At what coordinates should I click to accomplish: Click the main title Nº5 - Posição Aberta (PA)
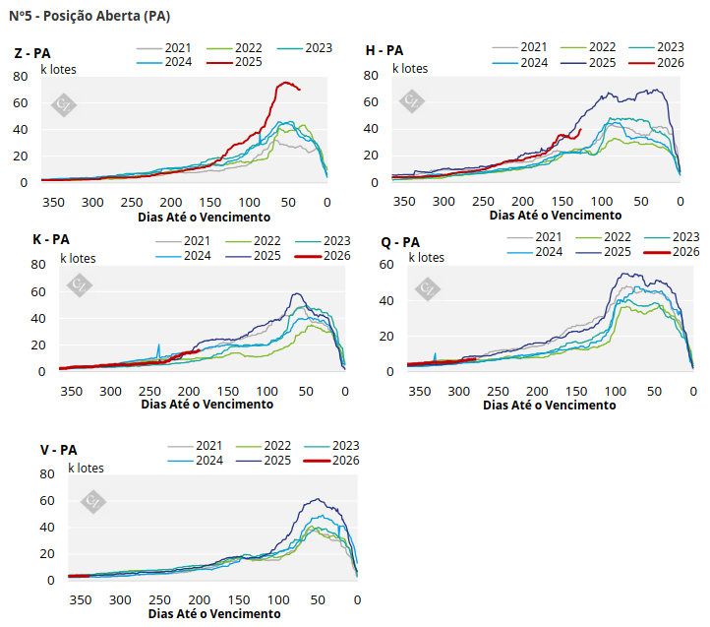(x=89, y=16)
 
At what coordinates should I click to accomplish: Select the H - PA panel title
(x=385, y=50)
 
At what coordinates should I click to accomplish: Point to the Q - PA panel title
(x=400, y=242)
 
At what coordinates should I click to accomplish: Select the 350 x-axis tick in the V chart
(x=81, y=599)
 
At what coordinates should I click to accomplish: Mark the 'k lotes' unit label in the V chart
(x=86, y=468)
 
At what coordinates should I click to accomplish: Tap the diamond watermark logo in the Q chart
(x=427, y=288)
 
